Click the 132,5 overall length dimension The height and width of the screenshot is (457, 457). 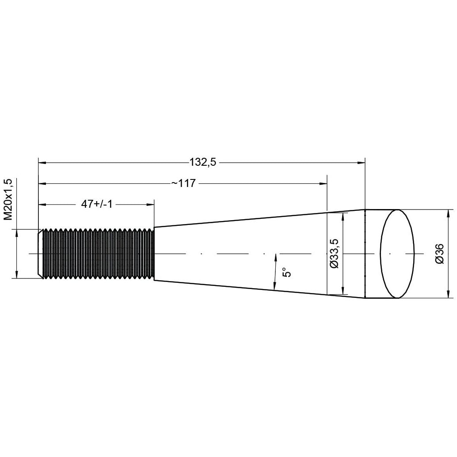tap(203, 163)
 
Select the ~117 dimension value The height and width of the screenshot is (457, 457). tap(183, 183)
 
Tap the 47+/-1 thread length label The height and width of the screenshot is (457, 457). tap(97, 204)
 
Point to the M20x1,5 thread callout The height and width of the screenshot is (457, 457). tap(8, 199)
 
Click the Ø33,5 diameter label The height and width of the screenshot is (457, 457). tap(334, 253)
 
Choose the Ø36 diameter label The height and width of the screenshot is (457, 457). tap(439, 253)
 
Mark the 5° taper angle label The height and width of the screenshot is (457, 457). tap(287, 271)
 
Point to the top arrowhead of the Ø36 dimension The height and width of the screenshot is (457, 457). tap(448, 213)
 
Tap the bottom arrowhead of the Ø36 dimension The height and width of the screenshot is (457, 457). tap(448, 294)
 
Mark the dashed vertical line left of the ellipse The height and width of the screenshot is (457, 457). tap(366, 253)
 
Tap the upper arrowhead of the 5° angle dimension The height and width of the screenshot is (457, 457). tap(276, 257)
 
